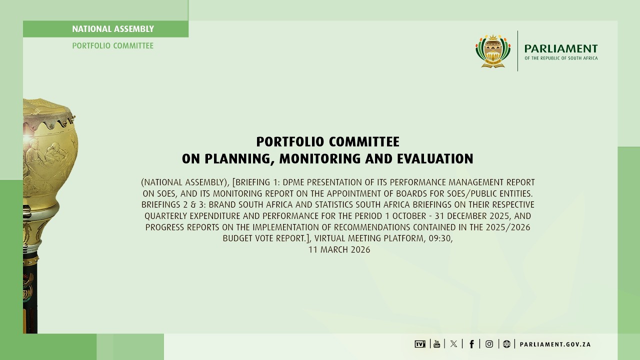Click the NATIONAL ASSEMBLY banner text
pos(113,29)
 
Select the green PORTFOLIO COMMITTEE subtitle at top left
pos(113,45)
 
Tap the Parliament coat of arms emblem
pos(493,51)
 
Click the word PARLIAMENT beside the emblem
pos(560,48)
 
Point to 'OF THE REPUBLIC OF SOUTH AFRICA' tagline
pos(560,58)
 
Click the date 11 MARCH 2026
pos(339,249)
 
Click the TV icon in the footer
pos(419,344)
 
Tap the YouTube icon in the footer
pos(436,343)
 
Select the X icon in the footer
pos(453,344)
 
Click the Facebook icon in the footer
pos(471,344)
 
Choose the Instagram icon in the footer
pos(489,344)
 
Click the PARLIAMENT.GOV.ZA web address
pos(555,344)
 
